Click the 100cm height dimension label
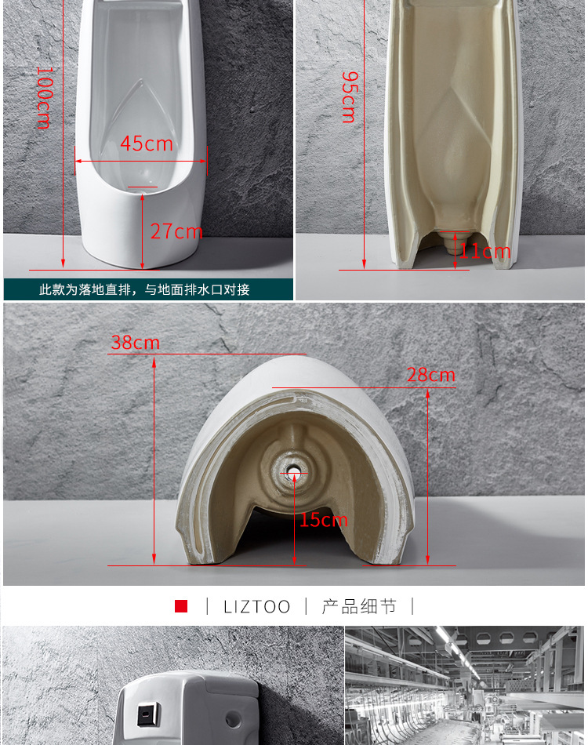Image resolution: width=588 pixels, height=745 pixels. (x=43, y=97)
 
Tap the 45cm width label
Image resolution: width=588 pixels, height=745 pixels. (x=146, y=144)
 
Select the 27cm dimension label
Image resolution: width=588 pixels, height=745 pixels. (x=176, y=231)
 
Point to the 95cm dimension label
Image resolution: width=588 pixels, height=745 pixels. (x=348, y=96)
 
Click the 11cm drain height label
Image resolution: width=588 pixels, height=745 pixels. (x=485, y=252)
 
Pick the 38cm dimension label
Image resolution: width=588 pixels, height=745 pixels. (x=135, y=343)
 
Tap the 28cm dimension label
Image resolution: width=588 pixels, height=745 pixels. (x=430, y=375)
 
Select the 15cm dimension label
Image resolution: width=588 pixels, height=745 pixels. (x=323, y=519)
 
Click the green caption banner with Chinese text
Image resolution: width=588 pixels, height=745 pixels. (x=148, y=289)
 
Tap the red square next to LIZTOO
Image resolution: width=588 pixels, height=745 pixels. (x=181, y=606)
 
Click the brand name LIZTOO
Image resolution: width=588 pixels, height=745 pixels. (x=256, y=606)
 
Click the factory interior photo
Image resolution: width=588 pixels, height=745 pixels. (x=464, y=685)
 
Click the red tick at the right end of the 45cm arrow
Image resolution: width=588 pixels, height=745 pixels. (x=207, y=162)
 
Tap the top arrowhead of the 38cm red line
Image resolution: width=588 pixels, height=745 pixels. (x=154, y=361)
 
